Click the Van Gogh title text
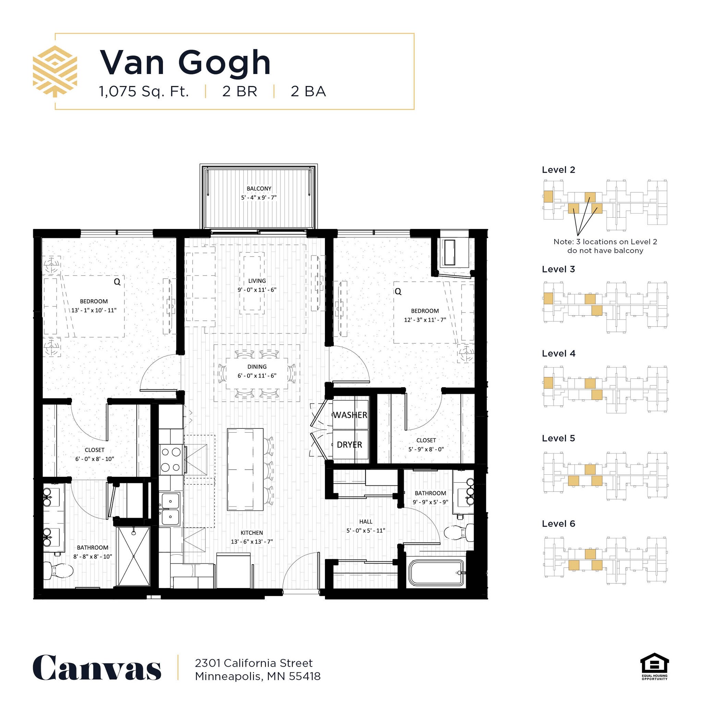pos(185,62)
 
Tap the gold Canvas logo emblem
pos(55,71)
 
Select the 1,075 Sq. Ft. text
pos(144,91)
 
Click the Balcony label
pos(259,189)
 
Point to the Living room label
pos(257,281)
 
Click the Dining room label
pos(257,367)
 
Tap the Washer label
pos(350,415)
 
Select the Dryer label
pos(349,445)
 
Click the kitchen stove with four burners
pos(171,460)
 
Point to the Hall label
pos(365,521)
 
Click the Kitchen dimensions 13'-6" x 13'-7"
pos(252,541)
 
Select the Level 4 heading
pos(558,353)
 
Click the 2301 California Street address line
pos(254,663)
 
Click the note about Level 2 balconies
pos(605,246)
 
